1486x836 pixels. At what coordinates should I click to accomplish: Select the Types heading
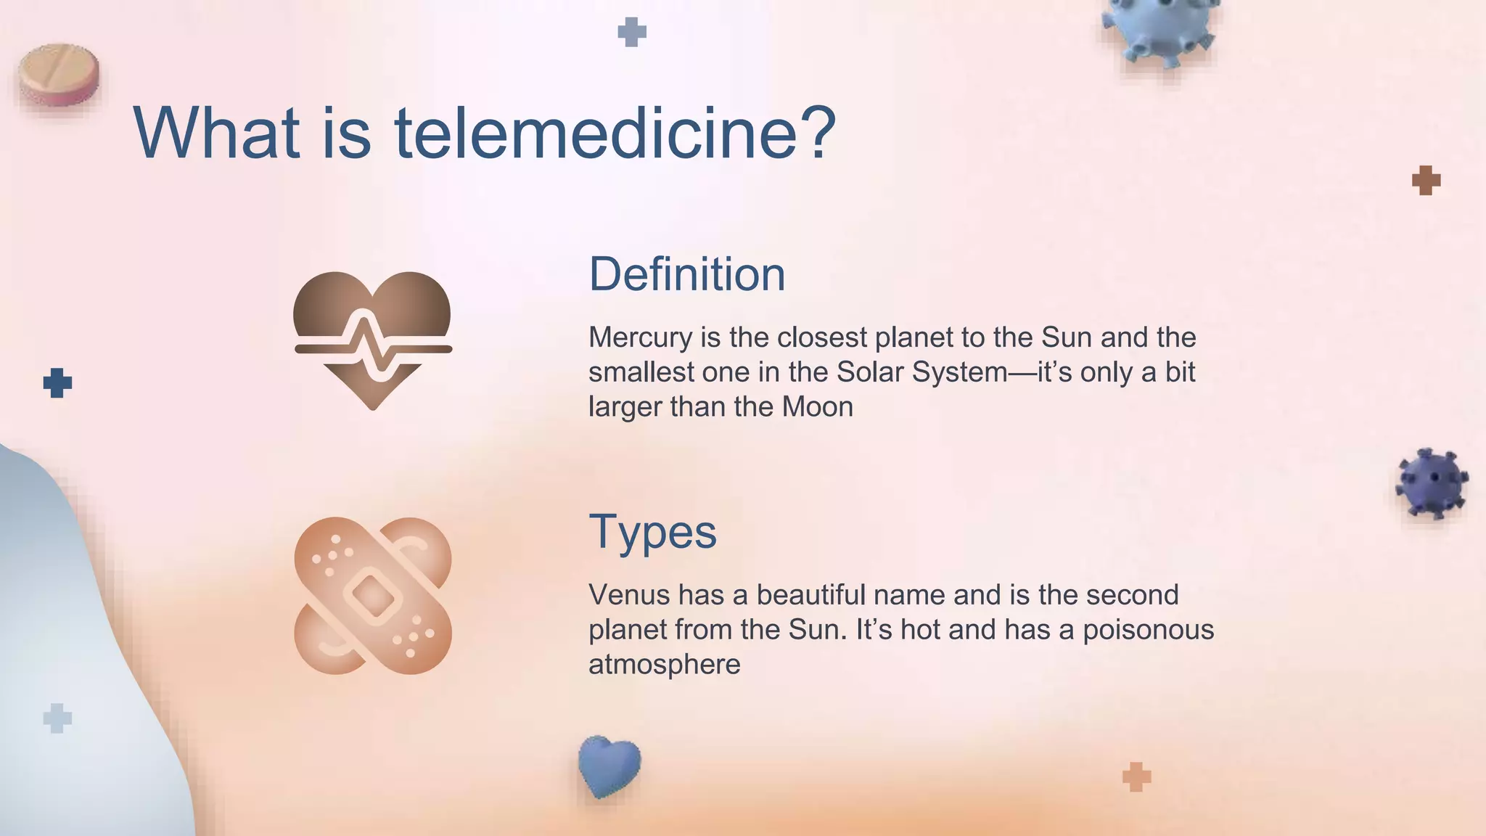[652, 532]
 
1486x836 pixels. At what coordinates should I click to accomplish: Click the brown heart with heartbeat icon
[373, 338]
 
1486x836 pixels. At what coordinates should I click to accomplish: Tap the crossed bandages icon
[373, 596]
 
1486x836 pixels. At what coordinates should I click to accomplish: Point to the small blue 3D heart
[609, 766]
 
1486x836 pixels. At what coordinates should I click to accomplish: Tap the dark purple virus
[1431, 483]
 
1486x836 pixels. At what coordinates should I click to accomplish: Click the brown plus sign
[1426, 180]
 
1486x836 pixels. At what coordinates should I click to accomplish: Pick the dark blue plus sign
[57, 382]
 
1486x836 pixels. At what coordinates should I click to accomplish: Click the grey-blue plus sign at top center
[631, 32]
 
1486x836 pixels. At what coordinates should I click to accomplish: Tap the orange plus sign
[1136, 776]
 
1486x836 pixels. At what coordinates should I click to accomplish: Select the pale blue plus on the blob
[57, 718]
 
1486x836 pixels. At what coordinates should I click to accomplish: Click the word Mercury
[640, 337]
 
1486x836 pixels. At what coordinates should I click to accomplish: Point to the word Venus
[628, 595]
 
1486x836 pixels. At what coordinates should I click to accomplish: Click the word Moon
[817, 407]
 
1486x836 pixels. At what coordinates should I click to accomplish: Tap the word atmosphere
[664, 665]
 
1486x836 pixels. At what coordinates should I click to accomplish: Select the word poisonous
[1148, 630]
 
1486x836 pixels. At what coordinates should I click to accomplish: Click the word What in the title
[216, 134]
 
